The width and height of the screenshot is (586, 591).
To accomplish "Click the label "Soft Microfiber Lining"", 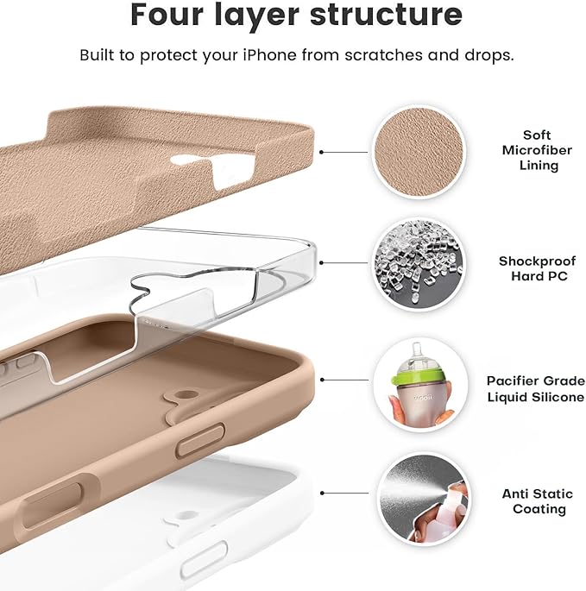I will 536,150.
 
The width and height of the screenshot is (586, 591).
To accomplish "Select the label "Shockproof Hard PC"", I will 536,268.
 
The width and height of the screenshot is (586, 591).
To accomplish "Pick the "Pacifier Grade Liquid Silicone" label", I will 535,388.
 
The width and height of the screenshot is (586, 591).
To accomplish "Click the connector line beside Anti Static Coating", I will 344,494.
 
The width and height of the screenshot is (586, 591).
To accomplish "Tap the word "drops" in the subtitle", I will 491,55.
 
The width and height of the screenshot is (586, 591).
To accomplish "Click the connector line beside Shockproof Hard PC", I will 344,265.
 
